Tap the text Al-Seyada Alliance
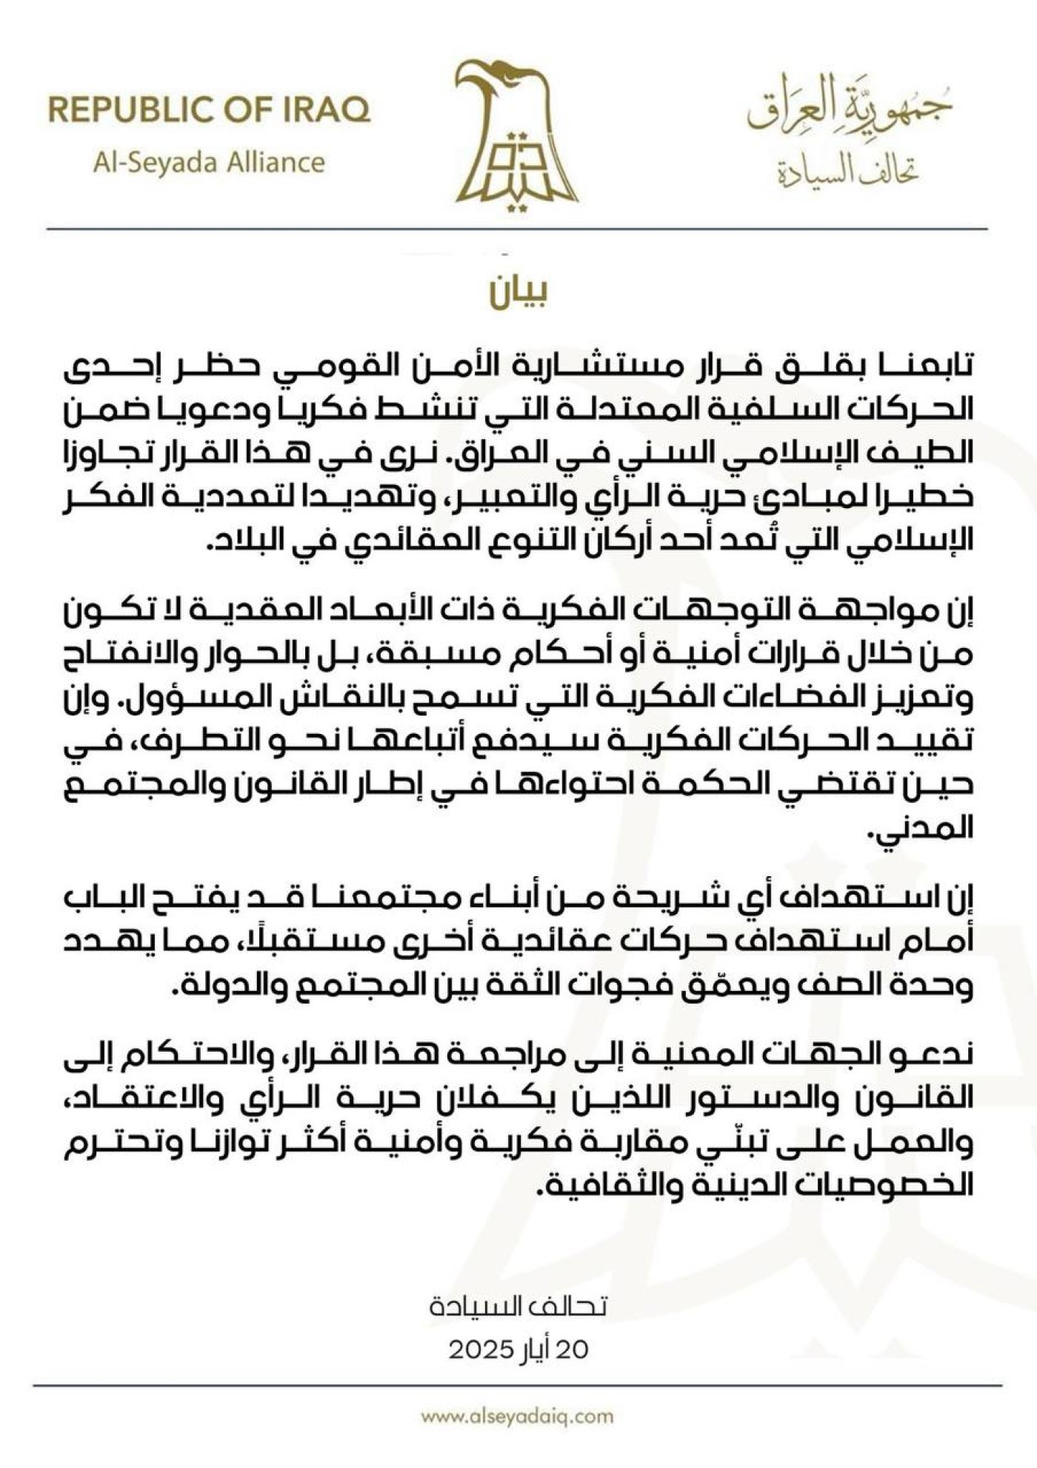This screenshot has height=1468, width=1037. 209,162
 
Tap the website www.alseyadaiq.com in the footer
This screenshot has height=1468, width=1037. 518,1416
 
